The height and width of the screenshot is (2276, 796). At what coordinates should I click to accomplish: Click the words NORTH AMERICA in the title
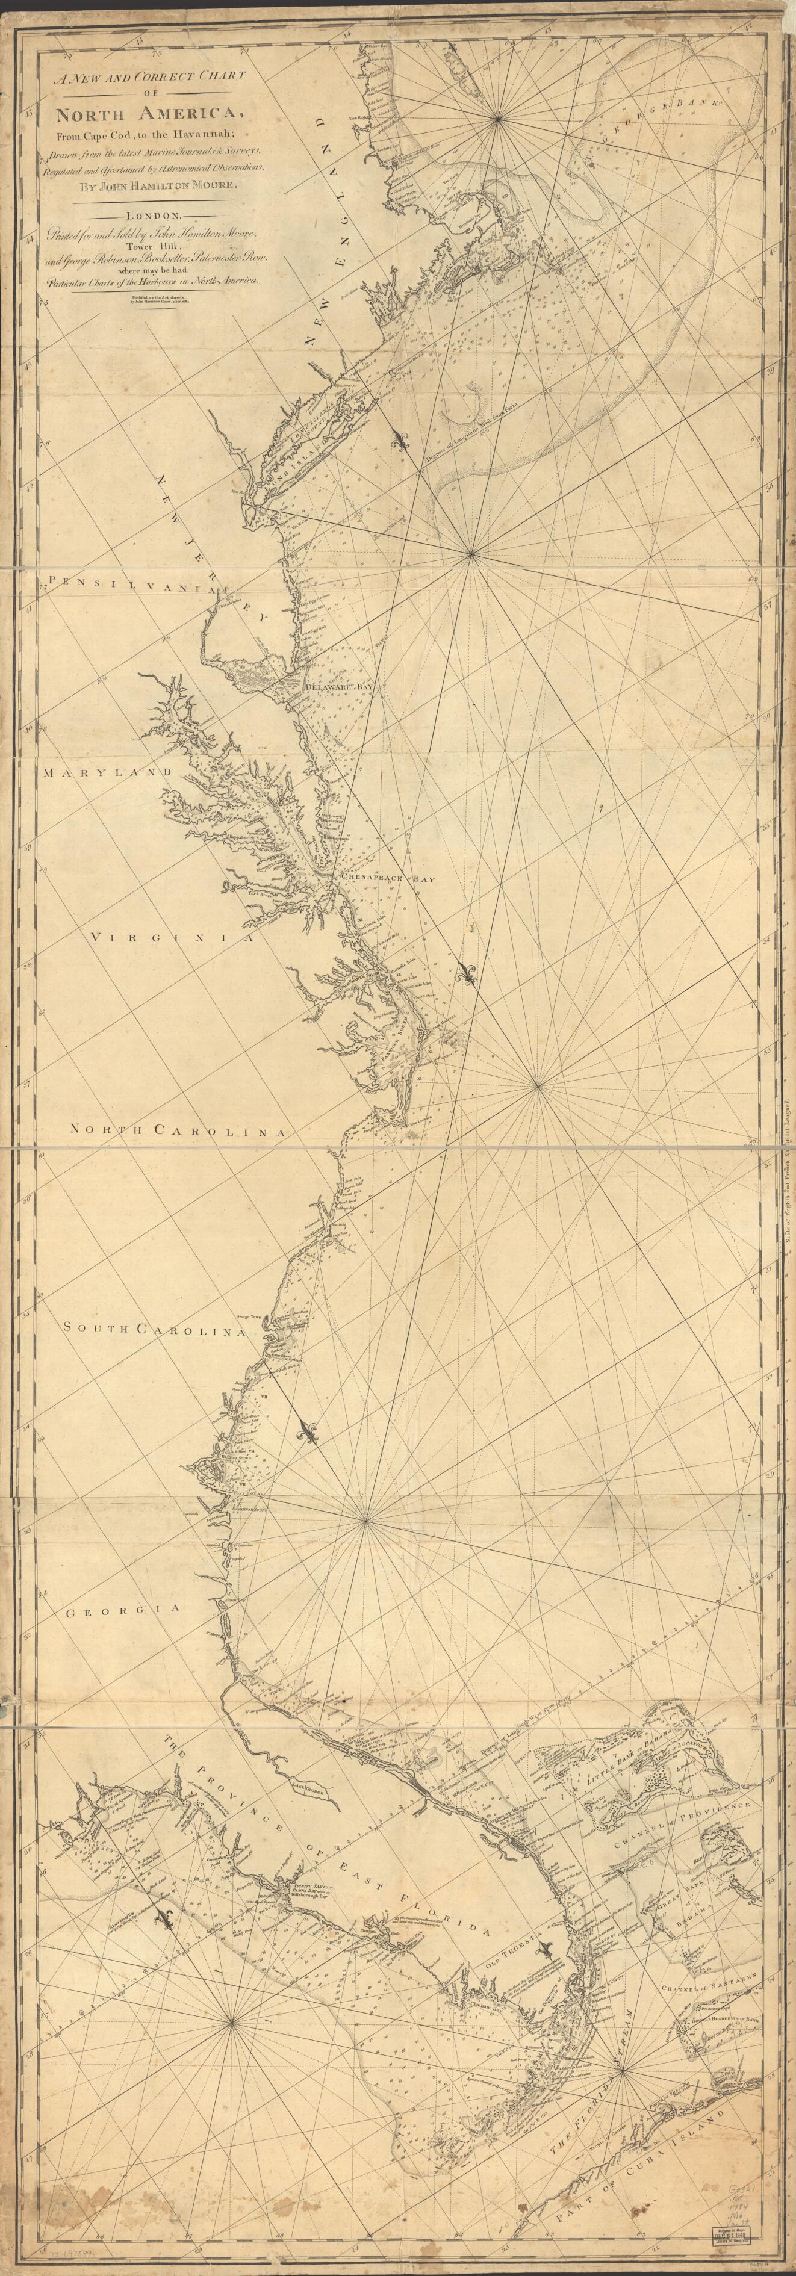point(148,114)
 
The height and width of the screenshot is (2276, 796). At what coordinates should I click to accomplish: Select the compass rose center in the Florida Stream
point(623,2061)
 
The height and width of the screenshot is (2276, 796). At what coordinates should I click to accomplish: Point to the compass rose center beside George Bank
point(499,117)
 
